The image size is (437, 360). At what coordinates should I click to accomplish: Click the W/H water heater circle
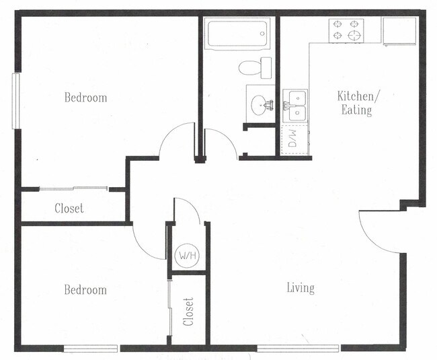(x=185, y=256)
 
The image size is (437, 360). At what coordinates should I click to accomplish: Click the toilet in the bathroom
(x=253, y=67)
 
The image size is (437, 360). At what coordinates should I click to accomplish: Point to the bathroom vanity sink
(x=260, y=105)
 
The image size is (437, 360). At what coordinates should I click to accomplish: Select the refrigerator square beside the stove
(x=400, y=30)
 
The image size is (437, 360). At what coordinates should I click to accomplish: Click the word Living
(x=301, y=288)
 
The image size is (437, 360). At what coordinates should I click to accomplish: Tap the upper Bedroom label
(x=85, y=98)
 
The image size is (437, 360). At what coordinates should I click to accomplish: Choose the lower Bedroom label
(x=85, y=290)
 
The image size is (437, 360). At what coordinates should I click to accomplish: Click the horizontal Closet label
(x=69, y=209)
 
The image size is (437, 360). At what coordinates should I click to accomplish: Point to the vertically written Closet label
(x=189, y=312)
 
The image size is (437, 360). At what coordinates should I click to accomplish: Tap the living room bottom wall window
(x=299, y=348)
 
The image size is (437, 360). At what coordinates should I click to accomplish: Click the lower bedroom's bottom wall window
(x=91, y=348)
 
